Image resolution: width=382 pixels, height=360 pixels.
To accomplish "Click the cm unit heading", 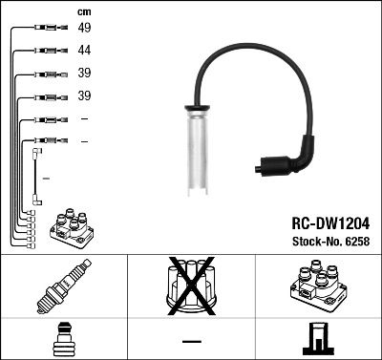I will click(x=83, y=11).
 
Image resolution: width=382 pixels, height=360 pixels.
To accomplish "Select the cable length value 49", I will click(x=84, y=29).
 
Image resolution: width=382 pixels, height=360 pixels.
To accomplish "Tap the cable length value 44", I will click(x=84, y=50).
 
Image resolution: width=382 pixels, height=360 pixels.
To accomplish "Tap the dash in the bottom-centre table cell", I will click(x=191, y=340).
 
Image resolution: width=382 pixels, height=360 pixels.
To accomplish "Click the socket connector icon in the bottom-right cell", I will click(x=317, y=339).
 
